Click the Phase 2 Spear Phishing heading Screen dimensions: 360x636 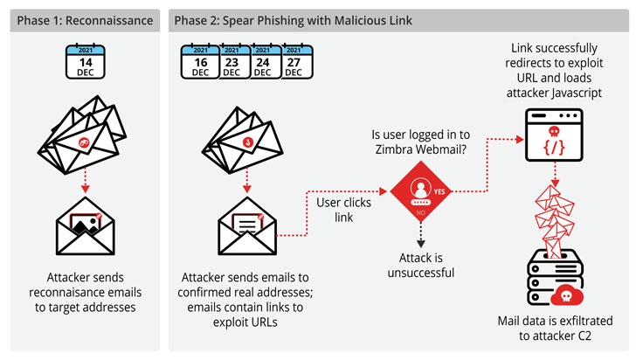292,19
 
